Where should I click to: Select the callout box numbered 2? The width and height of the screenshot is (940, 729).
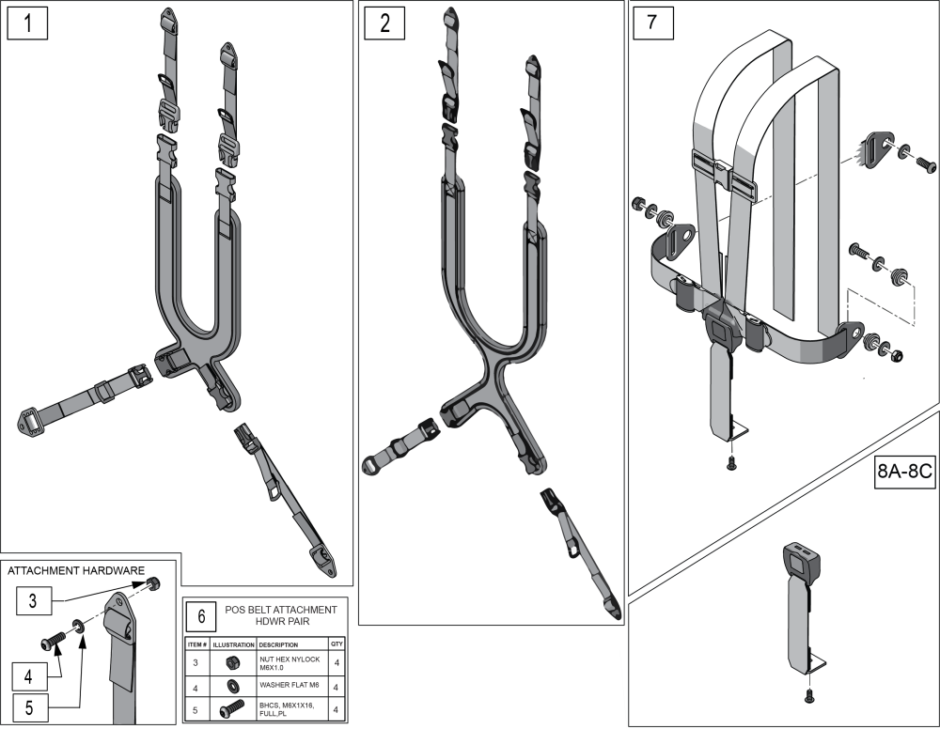pyautogui.click(x=384, y=24)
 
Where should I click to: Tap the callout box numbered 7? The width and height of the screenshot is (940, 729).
pyautogui.click(x=653, y=24)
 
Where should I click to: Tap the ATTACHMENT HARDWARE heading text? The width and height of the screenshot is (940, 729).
pyautogui.click(x=76, y=571)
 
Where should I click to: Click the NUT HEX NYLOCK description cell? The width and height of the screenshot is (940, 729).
pyautogui.click(x=290, y=663)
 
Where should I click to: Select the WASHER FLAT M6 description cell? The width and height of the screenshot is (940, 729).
pyautogui.click(x=290, y=685)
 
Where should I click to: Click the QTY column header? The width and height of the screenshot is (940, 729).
pyautogui.click(x=337, y=644)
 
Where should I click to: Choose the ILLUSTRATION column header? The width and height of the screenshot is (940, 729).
pyautogui.click(x=234, y=644)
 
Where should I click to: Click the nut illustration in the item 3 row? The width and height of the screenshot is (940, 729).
pyautogui.click(x=233, y=663)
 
